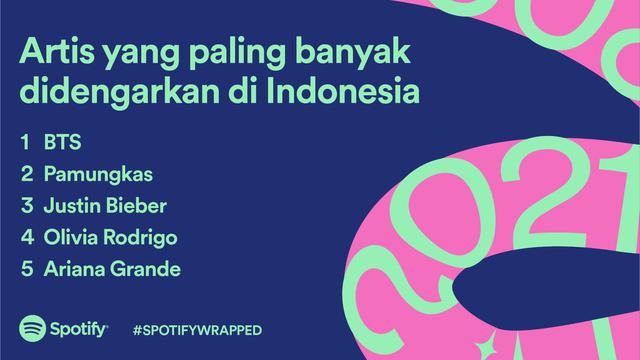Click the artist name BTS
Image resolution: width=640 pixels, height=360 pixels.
[61, 142]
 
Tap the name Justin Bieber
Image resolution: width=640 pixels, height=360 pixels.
[105, 206]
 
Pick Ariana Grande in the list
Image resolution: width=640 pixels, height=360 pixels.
[111, 270]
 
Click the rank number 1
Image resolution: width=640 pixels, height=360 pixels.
[24, 142]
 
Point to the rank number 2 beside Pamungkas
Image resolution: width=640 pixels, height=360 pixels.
[26, 174]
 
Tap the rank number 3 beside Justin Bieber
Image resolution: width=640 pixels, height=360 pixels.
[26, 206]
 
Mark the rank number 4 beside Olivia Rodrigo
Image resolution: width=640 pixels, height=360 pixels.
[26, 238]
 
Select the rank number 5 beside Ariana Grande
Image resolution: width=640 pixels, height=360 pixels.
[26, 270]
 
